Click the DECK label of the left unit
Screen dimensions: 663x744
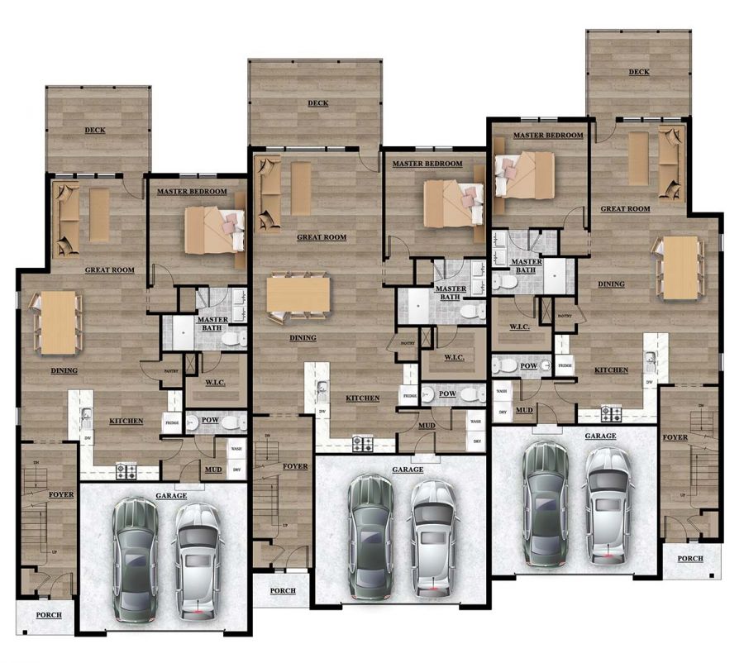point(98,131)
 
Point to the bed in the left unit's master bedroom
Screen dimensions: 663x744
point(214,230)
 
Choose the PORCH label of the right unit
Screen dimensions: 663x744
point(690,559)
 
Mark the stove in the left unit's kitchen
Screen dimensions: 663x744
point(126,471)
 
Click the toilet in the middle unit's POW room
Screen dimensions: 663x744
point(469,394)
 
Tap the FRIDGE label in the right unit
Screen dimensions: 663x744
point(565,365)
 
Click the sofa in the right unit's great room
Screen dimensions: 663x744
point(670,162)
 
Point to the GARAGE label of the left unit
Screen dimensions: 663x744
point(170,496)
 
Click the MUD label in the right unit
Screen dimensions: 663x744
point(524,409)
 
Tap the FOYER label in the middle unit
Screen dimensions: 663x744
point(295,466)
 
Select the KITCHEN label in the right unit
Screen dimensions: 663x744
point(611,370)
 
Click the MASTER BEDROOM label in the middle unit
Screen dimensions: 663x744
point(427,164)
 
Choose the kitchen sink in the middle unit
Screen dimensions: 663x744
point(321,387)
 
